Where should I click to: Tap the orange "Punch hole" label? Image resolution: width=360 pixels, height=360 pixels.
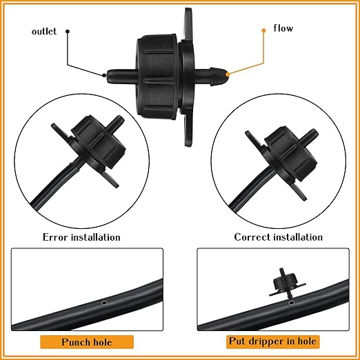[86, 341]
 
